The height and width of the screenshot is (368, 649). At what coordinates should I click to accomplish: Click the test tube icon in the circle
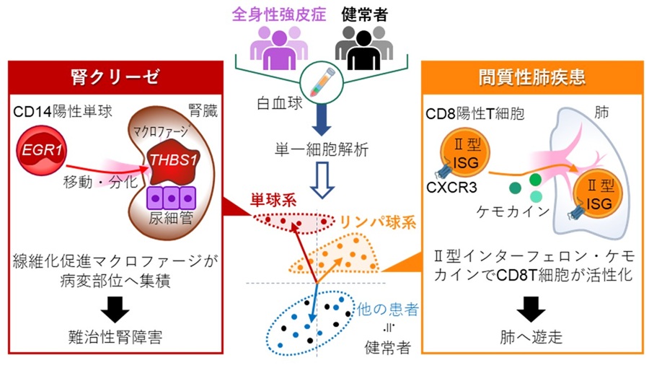(319, 81)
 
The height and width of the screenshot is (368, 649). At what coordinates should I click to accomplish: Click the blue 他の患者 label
(386, 309)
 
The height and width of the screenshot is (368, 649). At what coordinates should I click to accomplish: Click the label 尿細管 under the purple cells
(172, 216)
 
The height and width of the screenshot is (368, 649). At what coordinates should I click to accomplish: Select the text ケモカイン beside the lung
(502, 212)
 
